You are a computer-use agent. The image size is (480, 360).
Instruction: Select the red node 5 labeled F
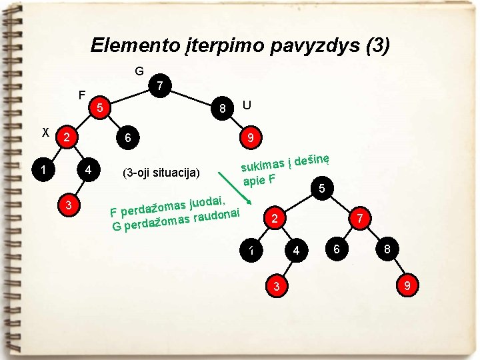[x=99, y=107]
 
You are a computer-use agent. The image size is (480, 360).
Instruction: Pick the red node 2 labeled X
[x=66, y=138]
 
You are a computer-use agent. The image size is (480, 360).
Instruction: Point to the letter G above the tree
[x=139, y=71]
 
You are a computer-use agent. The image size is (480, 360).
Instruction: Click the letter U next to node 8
[x=247, y=105]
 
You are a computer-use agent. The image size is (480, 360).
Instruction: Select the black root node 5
[x=321, y=189]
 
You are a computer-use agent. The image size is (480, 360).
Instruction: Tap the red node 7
[x=359, y=217]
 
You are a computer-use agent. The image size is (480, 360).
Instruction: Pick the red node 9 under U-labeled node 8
[x=251, y=138]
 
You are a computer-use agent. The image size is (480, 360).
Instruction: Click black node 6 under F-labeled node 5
[x=128, y=138]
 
